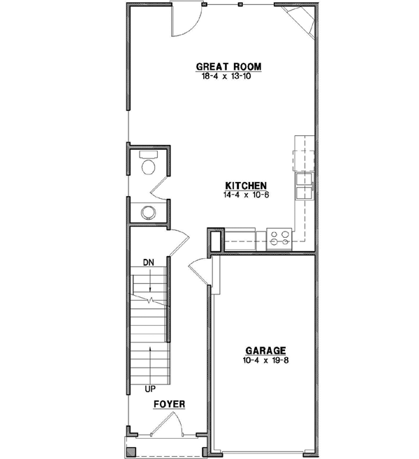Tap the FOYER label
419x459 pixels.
click(x=169, y=404)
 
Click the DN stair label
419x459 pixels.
click(x=148, y=262)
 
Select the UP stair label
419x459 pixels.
click(x=149, y=388)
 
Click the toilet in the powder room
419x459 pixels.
click(x=149, y=165)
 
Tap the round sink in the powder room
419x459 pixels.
click(x=148, y=212)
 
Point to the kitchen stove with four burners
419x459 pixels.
click(x=280, y=239)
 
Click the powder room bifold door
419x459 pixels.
click(x=160, y=184)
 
